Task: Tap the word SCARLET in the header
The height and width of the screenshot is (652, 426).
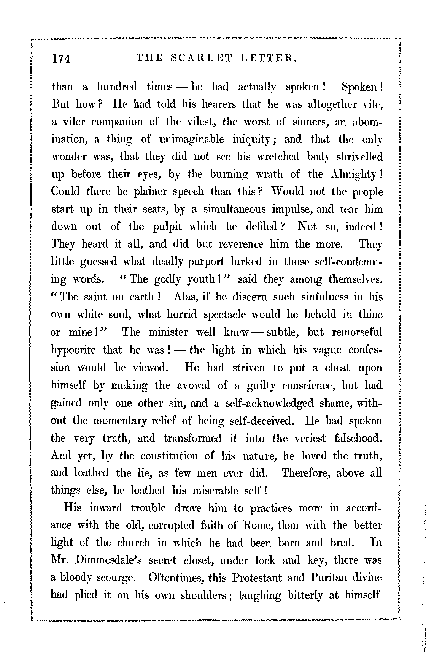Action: [202, 58]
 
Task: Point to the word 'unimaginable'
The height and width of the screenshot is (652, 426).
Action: [192, 139]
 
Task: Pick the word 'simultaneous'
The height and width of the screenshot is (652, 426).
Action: [234, 209]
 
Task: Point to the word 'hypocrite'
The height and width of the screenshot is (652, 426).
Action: [73, 350]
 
